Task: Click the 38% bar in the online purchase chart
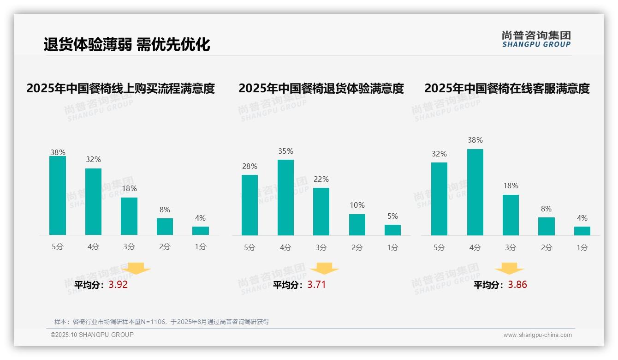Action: (58, 196)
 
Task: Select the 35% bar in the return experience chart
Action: (285, 198)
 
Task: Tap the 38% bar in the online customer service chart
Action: (475, 192)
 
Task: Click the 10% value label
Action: (357, 205)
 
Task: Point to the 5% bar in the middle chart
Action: (392, 230)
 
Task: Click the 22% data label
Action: (321, 179)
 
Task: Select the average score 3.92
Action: (118, 285)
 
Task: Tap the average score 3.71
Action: (316, 285)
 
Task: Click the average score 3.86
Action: (517, 285)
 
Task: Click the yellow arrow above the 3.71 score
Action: (324, 269)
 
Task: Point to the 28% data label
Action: (250, 166)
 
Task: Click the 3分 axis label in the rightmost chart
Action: (511, 247)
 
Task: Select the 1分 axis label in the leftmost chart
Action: (201, 246)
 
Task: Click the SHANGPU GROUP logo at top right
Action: (536, 39)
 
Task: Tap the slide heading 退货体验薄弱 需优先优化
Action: (127, 44)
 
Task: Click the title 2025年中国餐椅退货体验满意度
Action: (321, 88)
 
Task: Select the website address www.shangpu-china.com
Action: (537, 335)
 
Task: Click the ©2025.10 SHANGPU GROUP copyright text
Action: (92, 335)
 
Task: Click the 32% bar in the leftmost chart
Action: (93, 202)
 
